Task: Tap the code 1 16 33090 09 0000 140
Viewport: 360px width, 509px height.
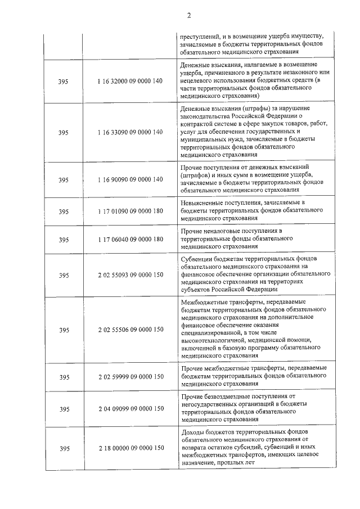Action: click(130, 132)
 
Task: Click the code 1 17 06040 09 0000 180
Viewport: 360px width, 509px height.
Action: click(130, 239)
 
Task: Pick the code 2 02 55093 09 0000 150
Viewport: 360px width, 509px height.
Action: click(130, 275)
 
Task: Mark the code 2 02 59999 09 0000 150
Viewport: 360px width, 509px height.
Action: click(130, 377)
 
